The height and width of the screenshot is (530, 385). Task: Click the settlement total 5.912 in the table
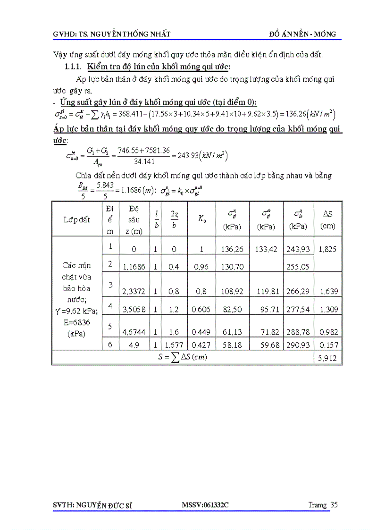[x=327, y=358]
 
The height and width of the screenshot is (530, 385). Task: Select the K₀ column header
[x=201, y=219]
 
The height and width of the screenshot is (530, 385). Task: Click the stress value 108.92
[x=231, y=292]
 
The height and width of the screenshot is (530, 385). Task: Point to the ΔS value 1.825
[x=327, y=249]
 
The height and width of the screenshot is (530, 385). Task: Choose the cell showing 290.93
[x=298, y=345]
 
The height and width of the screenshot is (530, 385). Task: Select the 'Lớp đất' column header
[x=77, y=219]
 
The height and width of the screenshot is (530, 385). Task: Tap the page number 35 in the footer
[x=334, y=505]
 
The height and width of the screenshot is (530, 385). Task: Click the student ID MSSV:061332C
[x=205, y=505]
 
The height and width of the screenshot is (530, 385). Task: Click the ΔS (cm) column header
[x=327, y=219]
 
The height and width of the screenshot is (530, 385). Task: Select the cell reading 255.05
[x=298, y=267]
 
